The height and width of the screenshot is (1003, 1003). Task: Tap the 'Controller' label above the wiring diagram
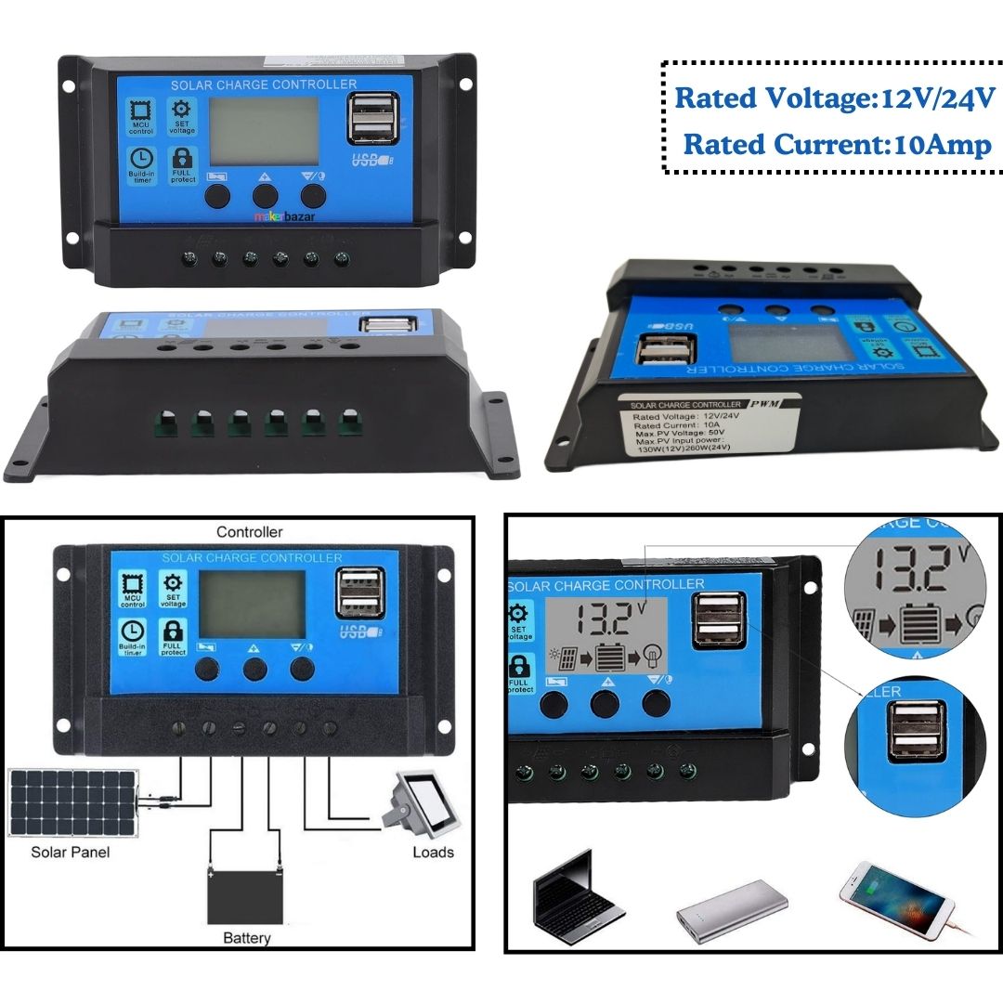pos(249,532)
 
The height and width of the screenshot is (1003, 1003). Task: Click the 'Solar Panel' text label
pos(70,852)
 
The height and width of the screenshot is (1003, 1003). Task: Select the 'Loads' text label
pos(433,852)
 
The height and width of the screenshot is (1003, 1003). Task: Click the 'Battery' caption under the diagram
pos(247,938)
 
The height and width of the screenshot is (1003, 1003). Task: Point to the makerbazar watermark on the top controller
pos(286,215)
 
